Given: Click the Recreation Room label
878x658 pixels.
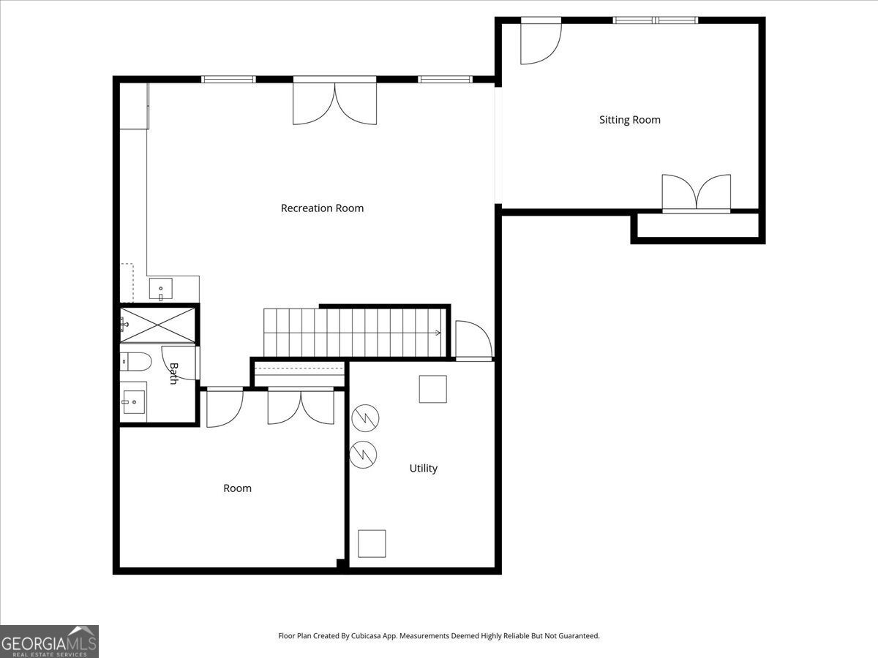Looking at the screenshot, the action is pos(322,208).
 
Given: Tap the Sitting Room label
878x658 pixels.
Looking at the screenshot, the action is pos(630,120).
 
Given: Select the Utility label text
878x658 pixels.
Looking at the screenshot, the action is pos(423,468).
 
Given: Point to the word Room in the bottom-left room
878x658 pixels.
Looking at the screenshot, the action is pos(237,488).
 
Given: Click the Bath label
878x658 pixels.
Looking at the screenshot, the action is pos(173,374).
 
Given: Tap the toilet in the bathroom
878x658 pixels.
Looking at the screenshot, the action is pos(136,362).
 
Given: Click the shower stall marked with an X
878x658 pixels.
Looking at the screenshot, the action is pos(157,325).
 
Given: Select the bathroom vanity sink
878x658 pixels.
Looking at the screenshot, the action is pos(134,402).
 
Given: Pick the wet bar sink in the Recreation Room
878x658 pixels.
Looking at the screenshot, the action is pos(161,289).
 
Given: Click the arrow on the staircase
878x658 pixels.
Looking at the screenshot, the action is pos(438,333).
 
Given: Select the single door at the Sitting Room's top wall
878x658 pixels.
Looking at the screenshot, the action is pos(541,42).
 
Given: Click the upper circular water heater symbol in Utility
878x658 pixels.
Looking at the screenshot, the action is pos(365,418).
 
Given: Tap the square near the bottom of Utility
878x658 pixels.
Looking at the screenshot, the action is pos(372,544).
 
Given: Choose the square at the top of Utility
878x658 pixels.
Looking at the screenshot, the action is pos(433,389).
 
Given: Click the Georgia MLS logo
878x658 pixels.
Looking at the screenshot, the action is pos(49,642).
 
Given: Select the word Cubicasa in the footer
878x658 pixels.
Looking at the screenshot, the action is pos(367,635).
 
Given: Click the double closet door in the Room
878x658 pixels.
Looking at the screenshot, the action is pos(301,406).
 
